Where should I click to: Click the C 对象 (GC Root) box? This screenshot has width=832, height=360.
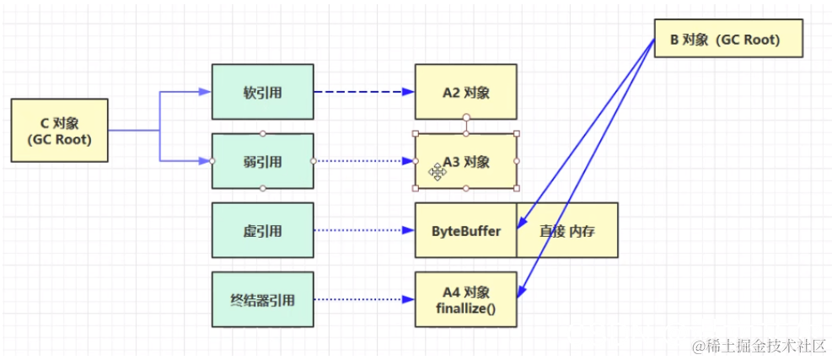coord(59,131)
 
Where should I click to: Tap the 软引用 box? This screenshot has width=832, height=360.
coord(262,92)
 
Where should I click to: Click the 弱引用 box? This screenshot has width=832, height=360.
coord(262,161)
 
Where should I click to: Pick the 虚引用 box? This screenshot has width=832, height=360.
coord(262,230)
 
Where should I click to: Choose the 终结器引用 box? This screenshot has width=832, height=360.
coord(262,299)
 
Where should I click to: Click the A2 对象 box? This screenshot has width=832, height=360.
coord(465,92)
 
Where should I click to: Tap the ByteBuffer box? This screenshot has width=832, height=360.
coord(464,230)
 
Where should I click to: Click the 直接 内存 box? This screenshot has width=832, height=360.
coord(566,230)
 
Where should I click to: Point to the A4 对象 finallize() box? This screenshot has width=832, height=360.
coord(465,299)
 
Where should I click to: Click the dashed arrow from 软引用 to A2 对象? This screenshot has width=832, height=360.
coord(362,92)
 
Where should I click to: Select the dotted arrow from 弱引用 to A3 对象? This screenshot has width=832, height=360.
coord(362,161)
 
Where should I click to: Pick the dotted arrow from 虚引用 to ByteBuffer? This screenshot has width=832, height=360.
coord(362,230)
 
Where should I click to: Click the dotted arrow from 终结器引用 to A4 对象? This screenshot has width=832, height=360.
coord(362,299)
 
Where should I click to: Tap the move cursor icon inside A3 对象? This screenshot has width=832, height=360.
coord(437,172)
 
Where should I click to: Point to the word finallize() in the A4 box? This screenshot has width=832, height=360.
coord(465,309)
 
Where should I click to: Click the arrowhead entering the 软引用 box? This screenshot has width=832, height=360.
coord(205,92)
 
